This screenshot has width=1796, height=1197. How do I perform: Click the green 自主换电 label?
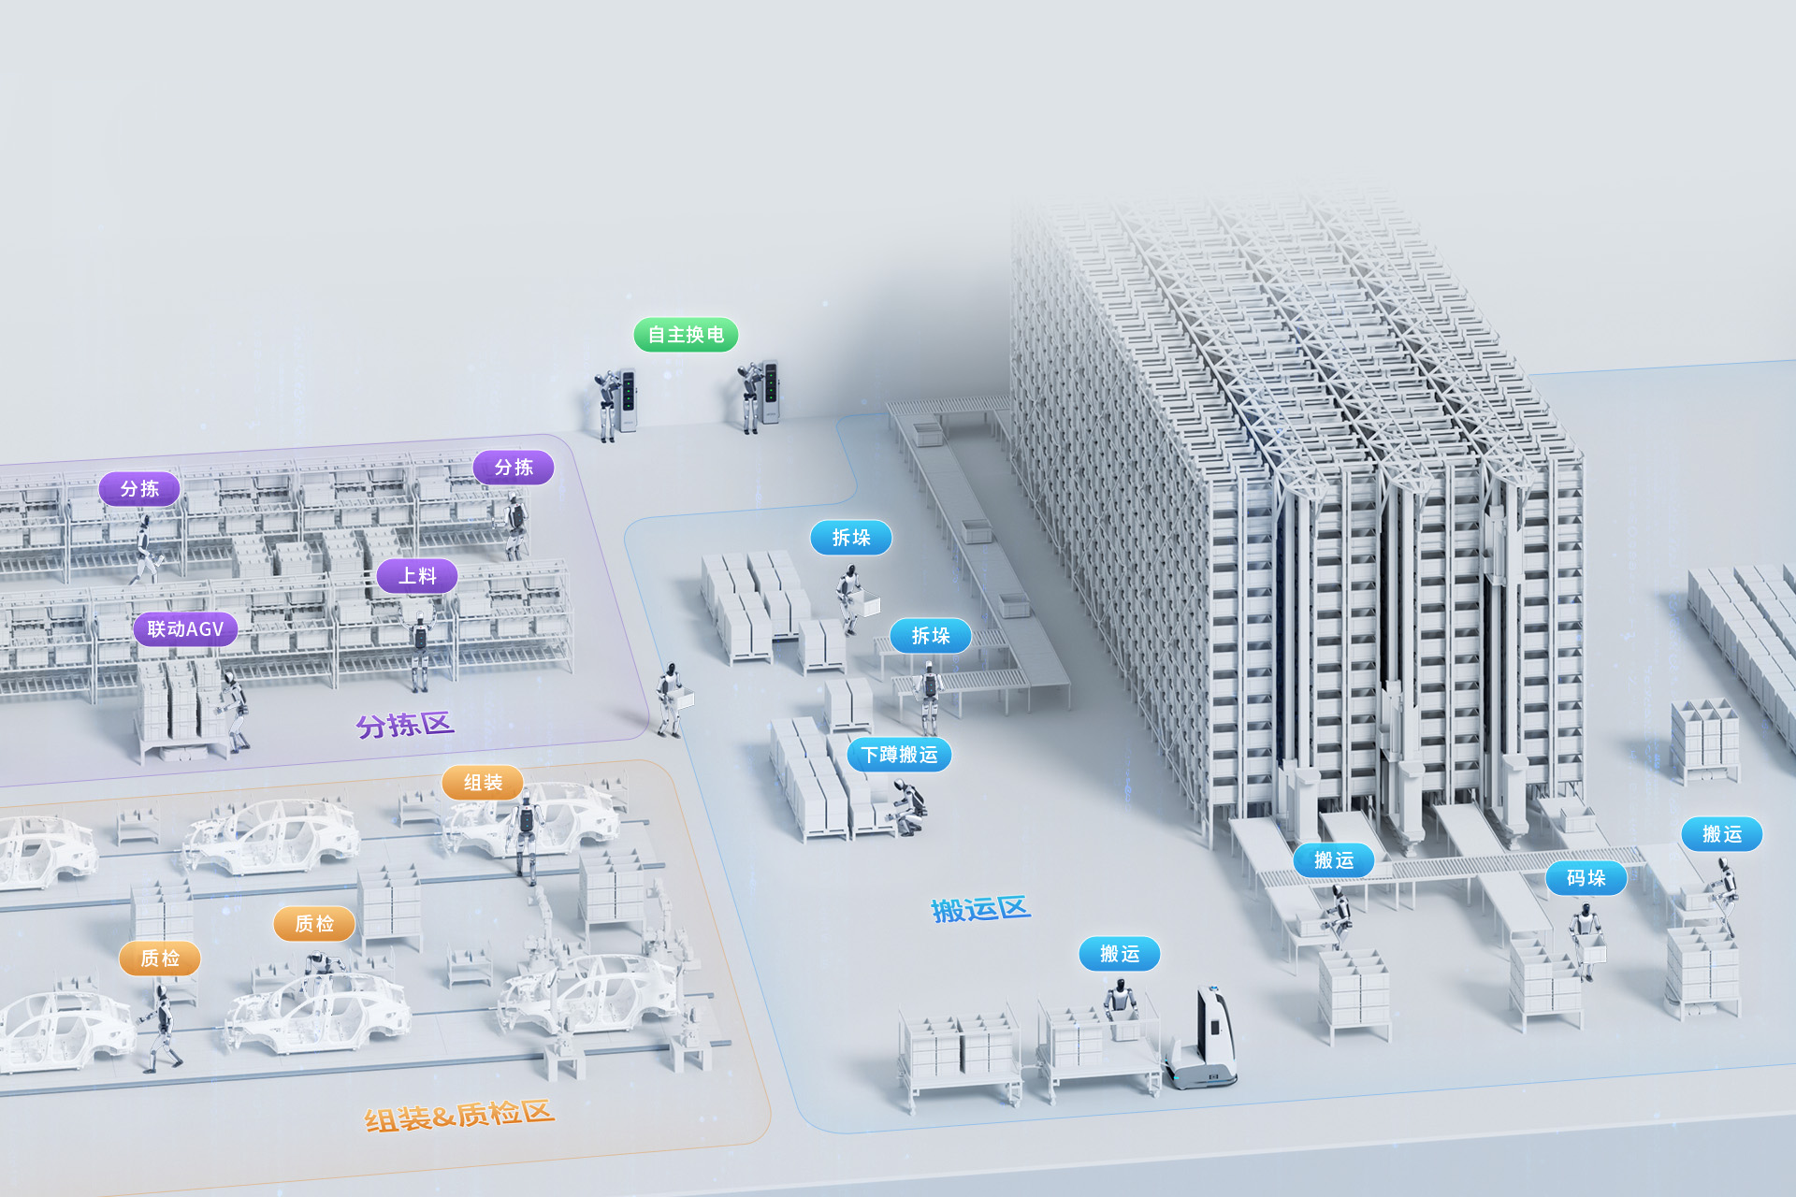coord(686,335)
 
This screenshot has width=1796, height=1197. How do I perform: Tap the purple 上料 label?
coord(417,576)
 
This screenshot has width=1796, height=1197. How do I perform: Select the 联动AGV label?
coord(185,629)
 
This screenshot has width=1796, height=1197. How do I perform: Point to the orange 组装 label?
coord(483,783)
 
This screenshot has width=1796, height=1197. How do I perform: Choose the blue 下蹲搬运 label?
coord(899,755)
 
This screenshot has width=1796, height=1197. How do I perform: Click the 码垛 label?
coord(1586,878)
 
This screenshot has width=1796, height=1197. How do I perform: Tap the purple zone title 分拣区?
coord(405,725)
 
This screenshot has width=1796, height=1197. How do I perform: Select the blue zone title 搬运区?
coord(980,909)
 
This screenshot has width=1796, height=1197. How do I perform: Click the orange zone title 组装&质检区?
coord(459,1116)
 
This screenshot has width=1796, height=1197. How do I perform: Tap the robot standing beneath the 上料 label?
coord(421,650)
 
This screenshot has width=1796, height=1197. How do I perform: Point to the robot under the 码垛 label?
coord(1586,935)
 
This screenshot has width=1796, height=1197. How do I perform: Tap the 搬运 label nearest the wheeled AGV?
coord(1119,954)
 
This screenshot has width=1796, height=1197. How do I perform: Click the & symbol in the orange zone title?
coord(443,1117)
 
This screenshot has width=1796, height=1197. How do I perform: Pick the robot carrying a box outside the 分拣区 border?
coord(671,699)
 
